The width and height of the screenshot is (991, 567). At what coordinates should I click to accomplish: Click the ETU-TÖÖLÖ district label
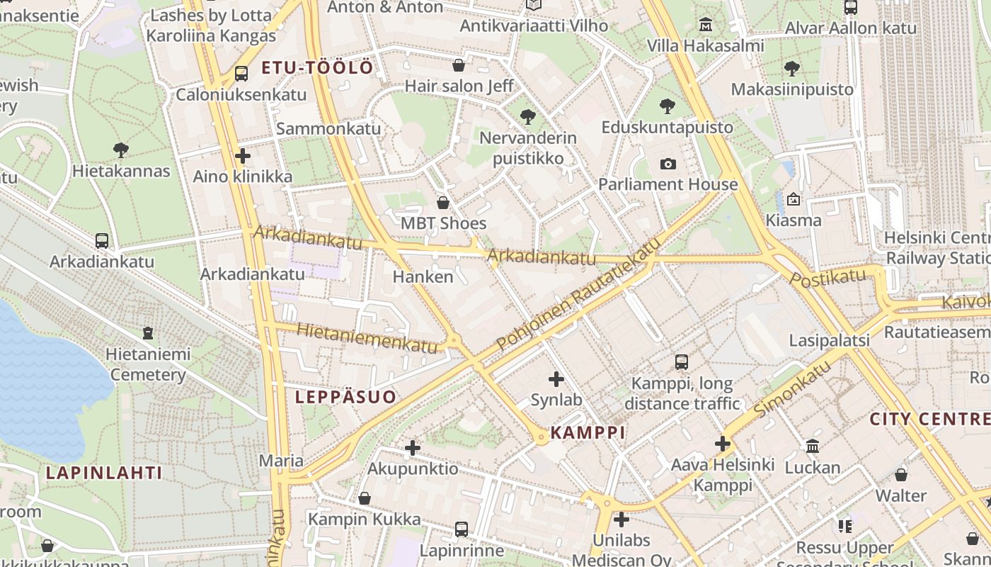[x=317, y=68]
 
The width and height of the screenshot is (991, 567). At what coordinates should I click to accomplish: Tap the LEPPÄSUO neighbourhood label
[x=345, y=397]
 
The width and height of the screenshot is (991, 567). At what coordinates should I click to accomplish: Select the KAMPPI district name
[x=588, y=432]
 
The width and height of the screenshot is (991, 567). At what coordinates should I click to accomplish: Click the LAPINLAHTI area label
[x=104, y=473]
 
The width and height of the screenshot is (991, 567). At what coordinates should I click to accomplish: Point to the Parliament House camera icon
[x=668, y=164]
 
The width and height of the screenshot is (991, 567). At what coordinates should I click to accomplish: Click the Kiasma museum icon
[x=793, y=200]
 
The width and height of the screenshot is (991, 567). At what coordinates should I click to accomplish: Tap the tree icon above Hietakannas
[x=121, y=150]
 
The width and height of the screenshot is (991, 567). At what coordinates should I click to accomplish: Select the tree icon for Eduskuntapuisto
[x=667, y=107]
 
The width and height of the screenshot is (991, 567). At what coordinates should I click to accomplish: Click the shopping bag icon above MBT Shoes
[x=443, y=203]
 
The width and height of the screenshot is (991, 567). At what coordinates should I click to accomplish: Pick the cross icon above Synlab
[x=556, y=379]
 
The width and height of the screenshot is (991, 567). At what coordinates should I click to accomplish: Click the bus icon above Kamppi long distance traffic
[x=681, y=362]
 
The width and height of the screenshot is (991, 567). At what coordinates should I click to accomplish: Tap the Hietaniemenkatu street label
[x=367, y=338]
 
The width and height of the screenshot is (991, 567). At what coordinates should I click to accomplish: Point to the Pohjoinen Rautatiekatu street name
[x=579, y=293]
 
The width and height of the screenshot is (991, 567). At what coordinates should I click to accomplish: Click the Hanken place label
[x=423, y=277]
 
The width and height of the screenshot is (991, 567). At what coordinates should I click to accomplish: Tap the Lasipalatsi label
[x=829, y=341]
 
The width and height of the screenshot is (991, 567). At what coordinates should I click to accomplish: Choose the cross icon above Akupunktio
[x=413, y=448]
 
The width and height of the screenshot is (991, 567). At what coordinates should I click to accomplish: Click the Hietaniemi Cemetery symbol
[x=148, y=333]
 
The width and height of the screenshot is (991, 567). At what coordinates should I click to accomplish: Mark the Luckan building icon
[x=813, y=447]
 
